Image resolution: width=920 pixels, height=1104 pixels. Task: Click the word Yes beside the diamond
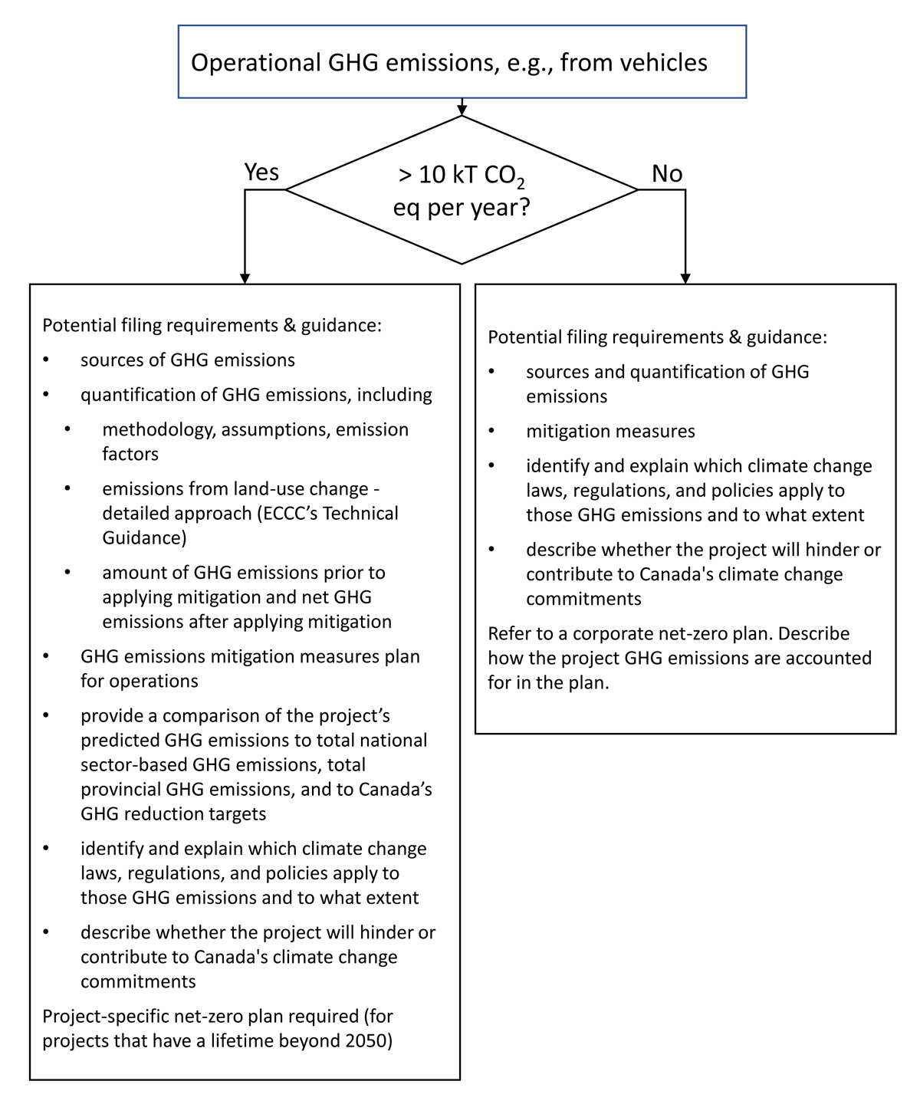[261, 172]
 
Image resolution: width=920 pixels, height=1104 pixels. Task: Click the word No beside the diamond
[666, 174]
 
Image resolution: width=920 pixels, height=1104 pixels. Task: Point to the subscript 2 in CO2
[521, 183]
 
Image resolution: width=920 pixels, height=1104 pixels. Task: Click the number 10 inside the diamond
[432, 176]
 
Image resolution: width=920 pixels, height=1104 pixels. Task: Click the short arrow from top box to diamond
[462, 107]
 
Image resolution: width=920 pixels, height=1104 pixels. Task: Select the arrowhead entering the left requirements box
[245, 278]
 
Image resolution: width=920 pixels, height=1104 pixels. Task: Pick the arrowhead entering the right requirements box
[685, 278]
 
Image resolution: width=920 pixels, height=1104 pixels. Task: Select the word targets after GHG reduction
[232, 813]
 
